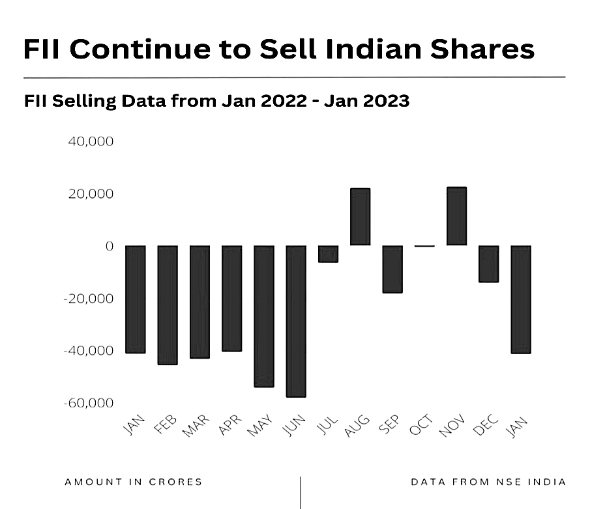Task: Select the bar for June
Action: tap(296, 321)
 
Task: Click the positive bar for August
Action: tap(360, 217)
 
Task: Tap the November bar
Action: tap(456, 216)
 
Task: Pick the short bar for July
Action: tap(328, 254)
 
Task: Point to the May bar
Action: tap(264, 316)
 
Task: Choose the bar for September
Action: tap(392, 269)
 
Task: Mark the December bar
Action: tap(488, 264)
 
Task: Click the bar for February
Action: tap(168, 305)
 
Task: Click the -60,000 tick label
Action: tap(89, 403)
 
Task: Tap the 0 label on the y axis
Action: tap(110, 246)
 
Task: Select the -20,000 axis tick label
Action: tap(89, 299)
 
